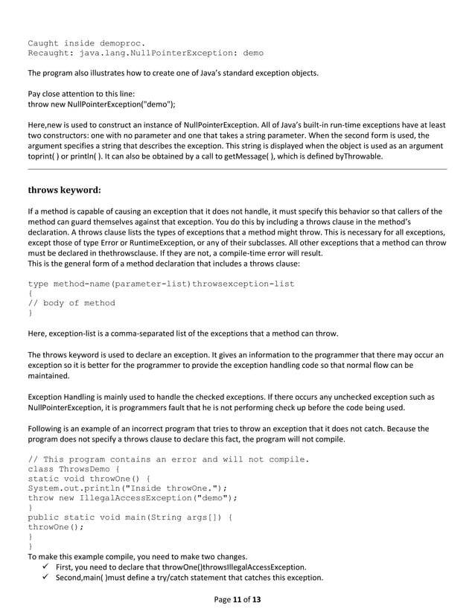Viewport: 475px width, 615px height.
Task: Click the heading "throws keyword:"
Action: [64, 190]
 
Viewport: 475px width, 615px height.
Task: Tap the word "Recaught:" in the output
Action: [51, 54]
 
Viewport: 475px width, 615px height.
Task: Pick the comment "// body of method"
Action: [71, 303]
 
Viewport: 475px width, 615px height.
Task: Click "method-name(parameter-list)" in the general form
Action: [126, 284]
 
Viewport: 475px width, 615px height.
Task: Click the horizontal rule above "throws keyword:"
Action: [237, 170]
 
